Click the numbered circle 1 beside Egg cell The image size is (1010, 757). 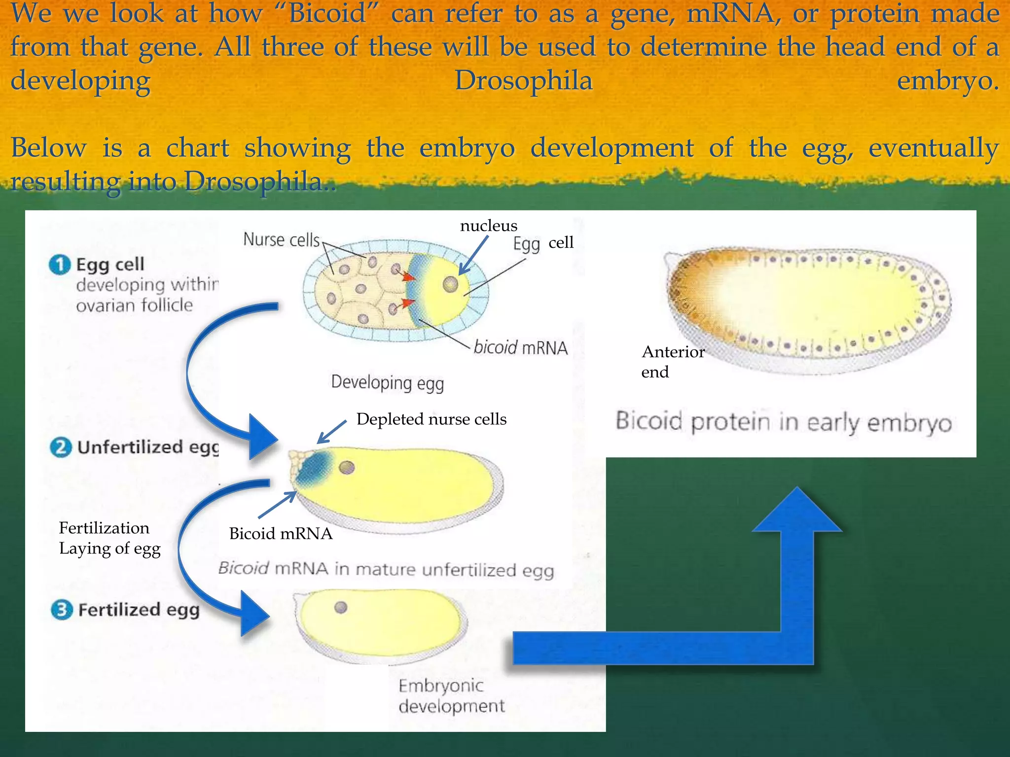60,265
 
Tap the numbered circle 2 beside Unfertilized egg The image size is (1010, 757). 61,447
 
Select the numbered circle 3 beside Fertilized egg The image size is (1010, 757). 62,610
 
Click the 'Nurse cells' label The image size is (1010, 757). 282,240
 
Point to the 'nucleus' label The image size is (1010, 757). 488,226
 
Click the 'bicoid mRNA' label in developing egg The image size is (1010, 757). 520,348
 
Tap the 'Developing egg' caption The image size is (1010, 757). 387,383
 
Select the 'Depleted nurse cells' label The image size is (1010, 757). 431,419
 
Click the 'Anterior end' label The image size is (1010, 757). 672,362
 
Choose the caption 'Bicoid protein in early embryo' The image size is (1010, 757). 783,422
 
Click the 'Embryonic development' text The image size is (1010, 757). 451,695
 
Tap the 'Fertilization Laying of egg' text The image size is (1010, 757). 109,538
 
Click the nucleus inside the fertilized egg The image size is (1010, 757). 341,607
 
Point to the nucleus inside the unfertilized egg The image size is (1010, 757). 347,467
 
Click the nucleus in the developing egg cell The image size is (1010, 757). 450,284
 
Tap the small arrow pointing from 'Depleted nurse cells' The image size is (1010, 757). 331,432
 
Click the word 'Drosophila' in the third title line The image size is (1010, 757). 523,80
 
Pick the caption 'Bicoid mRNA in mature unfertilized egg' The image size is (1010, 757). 386,569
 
